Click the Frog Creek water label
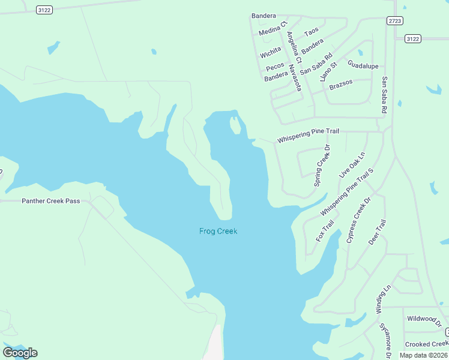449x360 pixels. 218,231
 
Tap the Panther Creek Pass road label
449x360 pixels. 51,201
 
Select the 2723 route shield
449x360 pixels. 394,20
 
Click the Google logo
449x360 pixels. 20,352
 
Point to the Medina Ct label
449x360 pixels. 273,29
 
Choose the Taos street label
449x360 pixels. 312,31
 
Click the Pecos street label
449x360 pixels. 275,66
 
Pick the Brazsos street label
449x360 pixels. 341,85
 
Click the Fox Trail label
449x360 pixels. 325,231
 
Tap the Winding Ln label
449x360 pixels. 380,299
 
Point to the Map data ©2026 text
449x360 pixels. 423,355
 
